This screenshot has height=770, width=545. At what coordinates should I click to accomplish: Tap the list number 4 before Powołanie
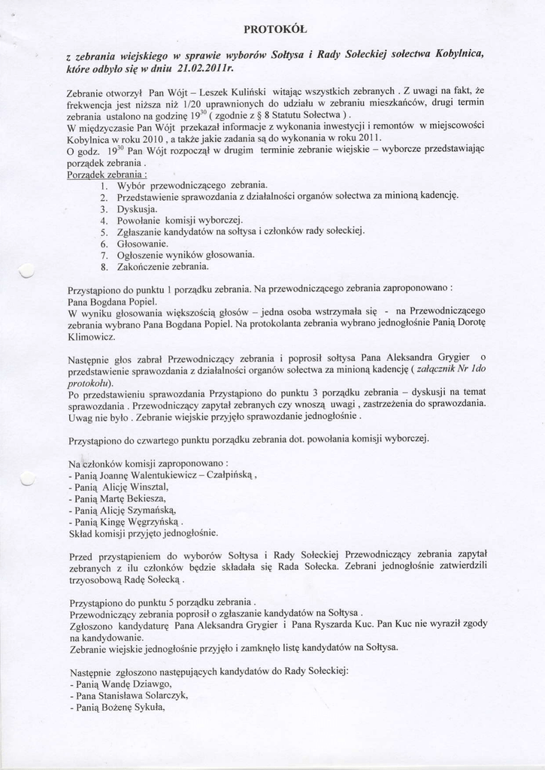click(104, 220)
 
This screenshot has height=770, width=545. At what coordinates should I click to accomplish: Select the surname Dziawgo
click(150, 684)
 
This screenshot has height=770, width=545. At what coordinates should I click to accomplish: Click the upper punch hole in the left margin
click(27, 269)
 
